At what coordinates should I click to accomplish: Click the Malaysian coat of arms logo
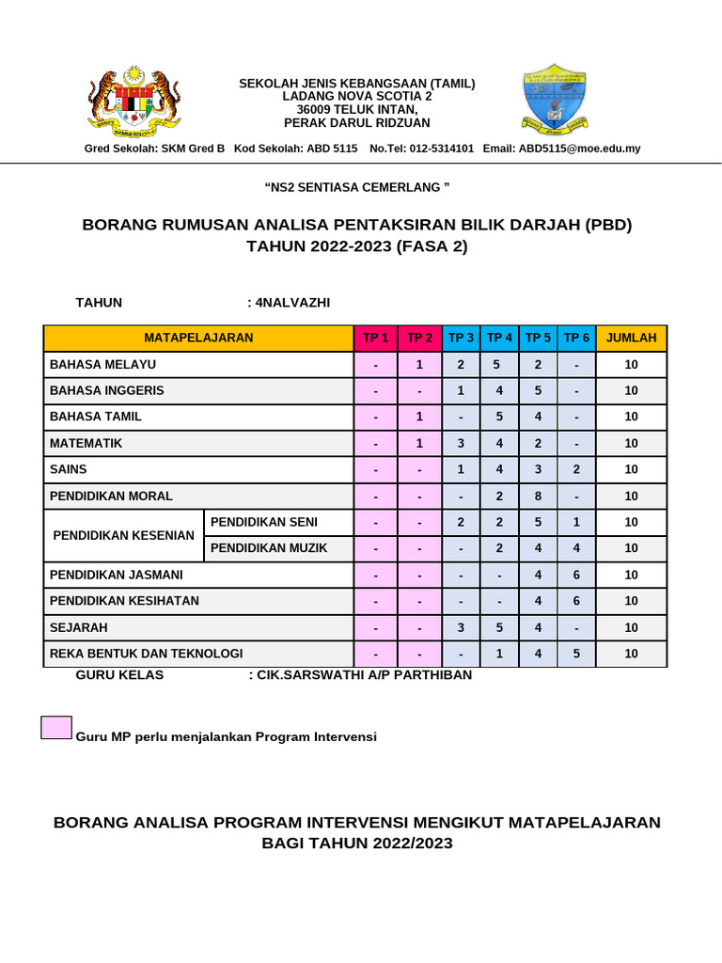[x=133, y=100]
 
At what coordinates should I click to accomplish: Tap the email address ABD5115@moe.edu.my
[x=580, y=149]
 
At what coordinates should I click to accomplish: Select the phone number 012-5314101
[x=441, y=149]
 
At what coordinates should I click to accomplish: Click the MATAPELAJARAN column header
[x=198, y=338]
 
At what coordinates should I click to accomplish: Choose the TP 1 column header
[x=376, y=338]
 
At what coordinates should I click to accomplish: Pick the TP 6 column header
[x=576, y=338]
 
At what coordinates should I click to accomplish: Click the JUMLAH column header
[x=631, y=338]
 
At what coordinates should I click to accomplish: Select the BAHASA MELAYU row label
[x=103, y=364]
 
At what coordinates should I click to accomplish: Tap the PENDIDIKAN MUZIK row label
[x=269, y=548]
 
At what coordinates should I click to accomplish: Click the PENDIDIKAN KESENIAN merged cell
[x=123, y=535]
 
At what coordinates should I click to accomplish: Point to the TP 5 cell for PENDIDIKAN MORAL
[x=538, y=496]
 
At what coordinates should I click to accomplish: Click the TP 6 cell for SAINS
[x=576, y=469]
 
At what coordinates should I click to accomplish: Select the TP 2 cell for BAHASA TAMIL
[x=420, y=417]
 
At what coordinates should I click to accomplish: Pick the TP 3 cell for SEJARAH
[x=461, y=627]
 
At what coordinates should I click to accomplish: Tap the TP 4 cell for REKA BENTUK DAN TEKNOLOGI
[x=499, y=654]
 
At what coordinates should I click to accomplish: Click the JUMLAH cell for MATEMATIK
[x=631, y=443]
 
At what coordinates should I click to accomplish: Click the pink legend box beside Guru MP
[x=56, y=727]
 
